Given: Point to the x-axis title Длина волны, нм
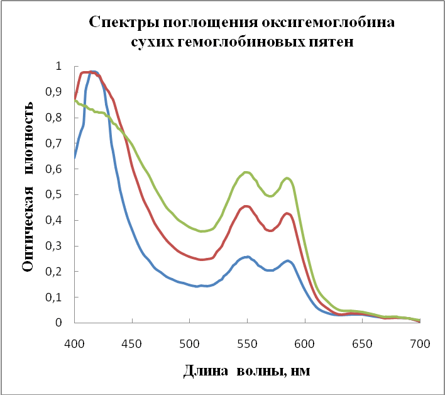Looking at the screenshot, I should click(x=246, y=372).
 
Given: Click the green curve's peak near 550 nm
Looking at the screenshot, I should click(x=247, y=172).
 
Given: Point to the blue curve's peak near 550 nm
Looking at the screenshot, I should click(x=247, y=257).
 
